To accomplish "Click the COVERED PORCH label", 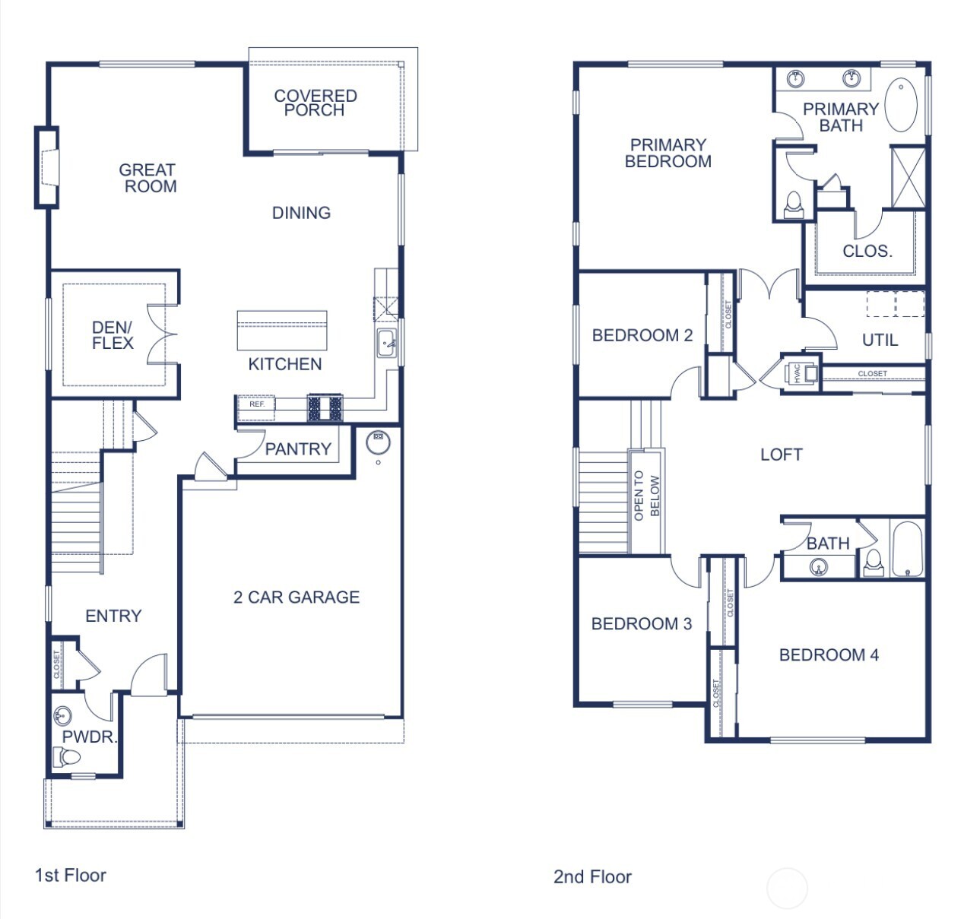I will (315, 103).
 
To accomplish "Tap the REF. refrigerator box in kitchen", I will (256, 406).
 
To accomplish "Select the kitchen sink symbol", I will (387, 343).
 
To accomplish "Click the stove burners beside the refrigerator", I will (325, 408).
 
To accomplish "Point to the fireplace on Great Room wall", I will (47, 167).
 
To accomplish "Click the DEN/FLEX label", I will (113, 335).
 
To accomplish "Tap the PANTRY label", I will (298, 449).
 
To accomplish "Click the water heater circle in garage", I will (378, 439).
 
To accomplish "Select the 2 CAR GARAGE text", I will (296, 597).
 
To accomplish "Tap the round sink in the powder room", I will (63, 716).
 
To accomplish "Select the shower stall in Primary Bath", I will (908, 177).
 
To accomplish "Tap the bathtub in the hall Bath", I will (907, 550).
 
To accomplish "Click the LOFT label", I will (782, 455).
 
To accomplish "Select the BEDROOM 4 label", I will (829, 655).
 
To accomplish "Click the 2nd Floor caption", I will (592, 877).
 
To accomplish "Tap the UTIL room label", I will (880, 341).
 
